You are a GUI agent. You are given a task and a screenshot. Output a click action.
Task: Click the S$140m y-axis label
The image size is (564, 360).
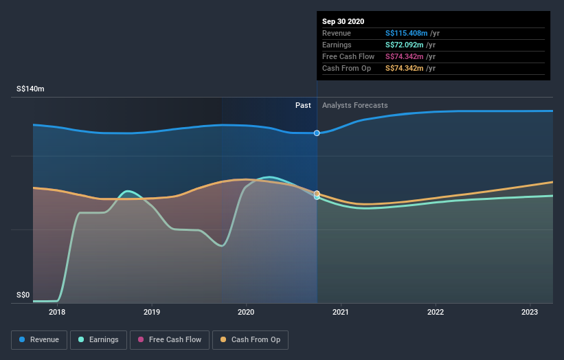point(31,89)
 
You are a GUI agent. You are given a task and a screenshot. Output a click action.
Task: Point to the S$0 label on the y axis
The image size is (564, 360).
point(23,295)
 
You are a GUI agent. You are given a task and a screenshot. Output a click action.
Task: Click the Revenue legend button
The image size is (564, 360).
point(39,339)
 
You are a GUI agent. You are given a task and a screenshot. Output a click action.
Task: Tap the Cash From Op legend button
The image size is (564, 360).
point(251,339)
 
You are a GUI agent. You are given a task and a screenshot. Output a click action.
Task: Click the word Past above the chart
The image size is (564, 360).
point(303,105)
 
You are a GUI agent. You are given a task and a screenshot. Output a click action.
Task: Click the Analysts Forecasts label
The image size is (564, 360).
point(354,105)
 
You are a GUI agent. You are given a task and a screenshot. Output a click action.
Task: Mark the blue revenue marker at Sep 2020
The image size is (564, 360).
point(317,133)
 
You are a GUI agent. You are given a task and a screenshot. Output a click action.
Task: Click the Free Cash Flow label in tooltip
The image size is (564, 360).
point(348,56)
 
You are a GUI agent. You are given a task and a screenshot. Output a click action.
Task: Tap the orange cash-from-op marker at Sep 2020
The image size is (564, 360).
point(317,194)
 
